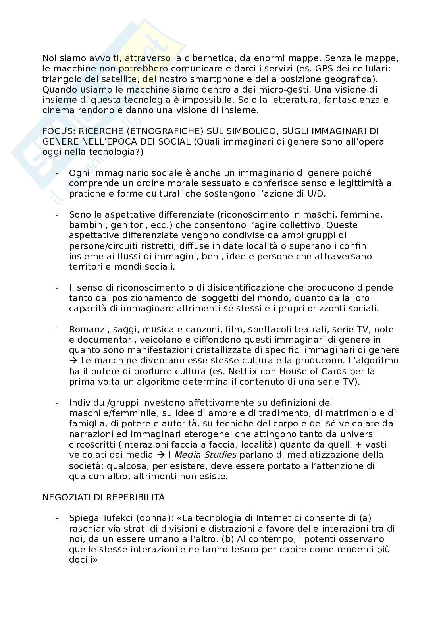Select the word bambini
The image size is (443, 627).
[84, 225]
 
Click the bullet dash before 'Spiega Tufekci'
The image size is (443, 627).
[58, 518]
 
